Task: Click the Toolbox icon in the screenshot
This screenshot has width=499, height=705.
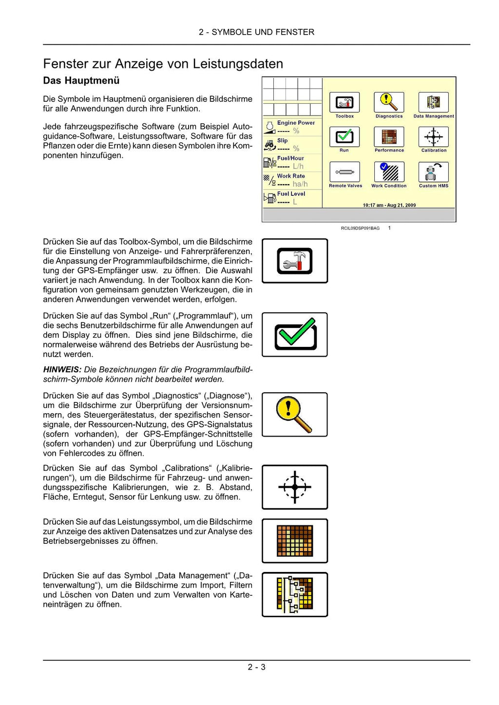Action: [x=345, y=103]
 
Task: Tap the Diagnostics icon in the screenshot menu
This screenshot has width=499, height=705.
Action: [x=389, y=102]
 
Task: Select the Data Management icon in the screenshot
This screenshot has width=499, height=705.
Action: [x=433, y=102]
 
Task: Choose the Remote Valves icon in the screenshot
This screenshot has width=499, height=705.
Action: [x=345, y=172]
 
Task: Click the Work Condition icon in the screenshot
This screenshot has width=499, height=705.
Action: [x=389, y=172]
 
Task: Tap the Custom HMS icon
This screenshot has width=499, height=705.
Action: [x=433, y=172]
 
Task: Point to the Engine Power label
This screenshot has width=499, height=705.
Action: [x=296, y=123]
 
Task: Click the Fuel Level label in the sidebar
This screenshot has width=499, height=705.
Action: [x=291, y=193]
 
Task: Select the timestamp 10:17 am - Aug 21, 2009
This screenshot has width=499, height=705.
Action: [x=389, y=205]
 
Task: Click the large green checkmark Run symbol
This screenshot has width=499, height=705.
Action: [x=295, y=334]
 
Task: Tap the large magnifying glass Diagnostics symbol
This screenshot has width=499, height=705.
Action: [x=294, y=415]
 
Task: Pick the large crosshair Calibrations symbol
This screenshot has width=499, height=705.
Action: [x=295, y=487]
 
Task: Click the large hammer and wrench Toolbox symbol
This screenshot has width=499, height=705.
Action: [x=295, y=261]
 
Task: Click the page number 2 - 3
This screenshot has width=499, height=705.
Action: [x=256, y=667]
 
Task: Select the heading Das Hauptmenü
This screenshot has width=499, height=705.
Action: [x=81, y=80]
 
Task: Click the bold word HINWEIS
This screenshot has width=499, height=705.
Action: [x=62, y=370]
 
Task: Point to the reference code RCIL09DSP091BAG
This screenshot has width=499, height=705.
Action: [x=360, y=228]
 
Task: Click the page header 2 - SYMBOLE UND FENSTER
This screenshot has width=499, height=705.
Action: [x=256, y=32]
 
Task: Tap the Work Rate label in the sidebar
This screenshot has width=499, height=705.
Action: [x=291, y=176]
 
